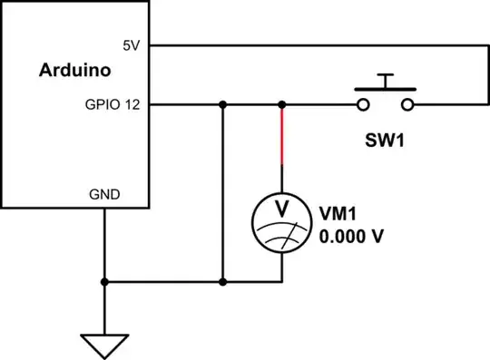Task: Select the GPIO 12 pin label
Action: (115, 104)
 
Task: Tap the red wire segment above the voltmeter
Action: (282, 136)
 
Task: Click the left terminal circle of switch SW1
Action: (363, 104)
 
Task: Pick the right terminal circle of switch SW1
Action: (407, 104)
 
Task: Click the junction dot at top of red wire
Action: (282, 104)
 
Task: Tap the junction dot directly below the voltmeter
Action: (282, 282)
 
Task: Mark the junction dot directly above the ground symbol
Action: (105, 282)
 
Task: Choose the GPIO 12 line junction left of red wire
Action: (222, 104)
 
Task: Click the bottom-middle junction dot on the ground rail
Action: (222, 282)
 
